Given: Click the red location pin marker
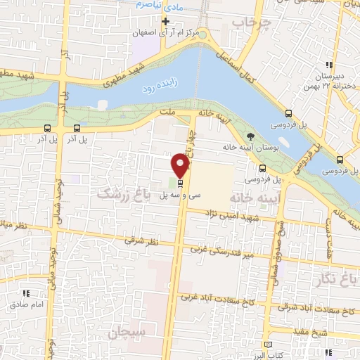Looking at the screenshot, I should (x=181, y=166).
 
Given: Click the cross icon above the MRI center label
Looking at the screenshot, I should (x=165, y=21).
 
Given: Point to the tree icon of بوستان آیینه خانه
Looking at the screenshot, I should (x=252, y=136).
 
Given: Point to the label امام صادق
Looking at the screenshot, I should (x=27, y=304).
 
